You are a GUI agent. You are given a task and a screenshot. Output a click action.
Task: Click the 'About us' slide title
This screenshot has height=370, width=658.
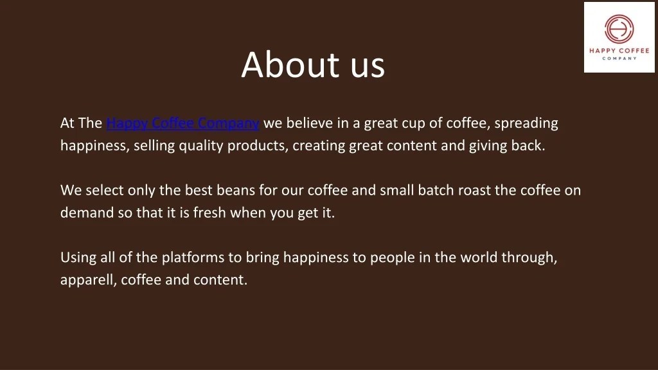(x=313, y=65)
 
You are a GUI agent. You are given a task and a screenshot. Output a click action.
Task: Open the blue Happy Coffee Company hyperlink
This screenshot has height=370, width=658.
(x=182, y=123)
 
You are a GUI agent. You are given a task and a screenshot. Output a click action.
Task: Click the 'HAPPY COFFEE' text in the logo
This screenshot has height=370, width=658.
(x=619, y=51)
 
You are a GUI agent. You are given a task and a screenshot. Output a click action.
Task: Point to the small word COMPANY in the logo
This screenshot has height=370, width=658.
(x=619, y=58)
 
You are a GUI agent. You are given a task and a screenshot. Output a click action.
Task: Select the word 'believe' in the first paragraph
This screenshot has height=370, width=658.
(x=308, y=123)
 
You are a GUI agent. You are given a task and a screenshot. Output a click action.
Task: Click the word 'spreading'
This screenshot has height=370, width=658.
(x=526, y=123)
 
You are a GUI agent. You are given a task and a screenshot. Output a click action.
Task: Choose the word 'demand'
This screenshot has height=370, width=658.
(x=87, y=213)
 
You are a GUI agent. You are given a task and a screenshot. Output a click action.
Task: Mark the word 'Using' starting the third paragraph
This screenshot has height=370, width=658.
(x=78, y=258)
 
